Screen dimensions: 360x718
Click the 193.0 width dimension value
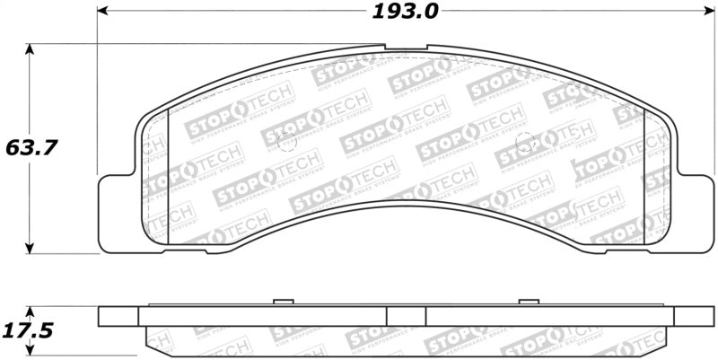tap(403, 13)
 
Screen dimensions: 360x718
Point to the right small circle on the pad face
tap(528, 141)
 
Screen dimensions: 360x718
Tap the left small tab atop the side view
tap(284, 303)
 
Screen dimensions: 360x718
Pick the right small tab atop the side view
tap(527, 303)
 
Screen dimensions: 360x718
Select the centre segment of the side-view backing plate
tap(405, 316)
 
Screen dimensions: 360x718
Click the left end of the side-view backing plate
tap(118, 316)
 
